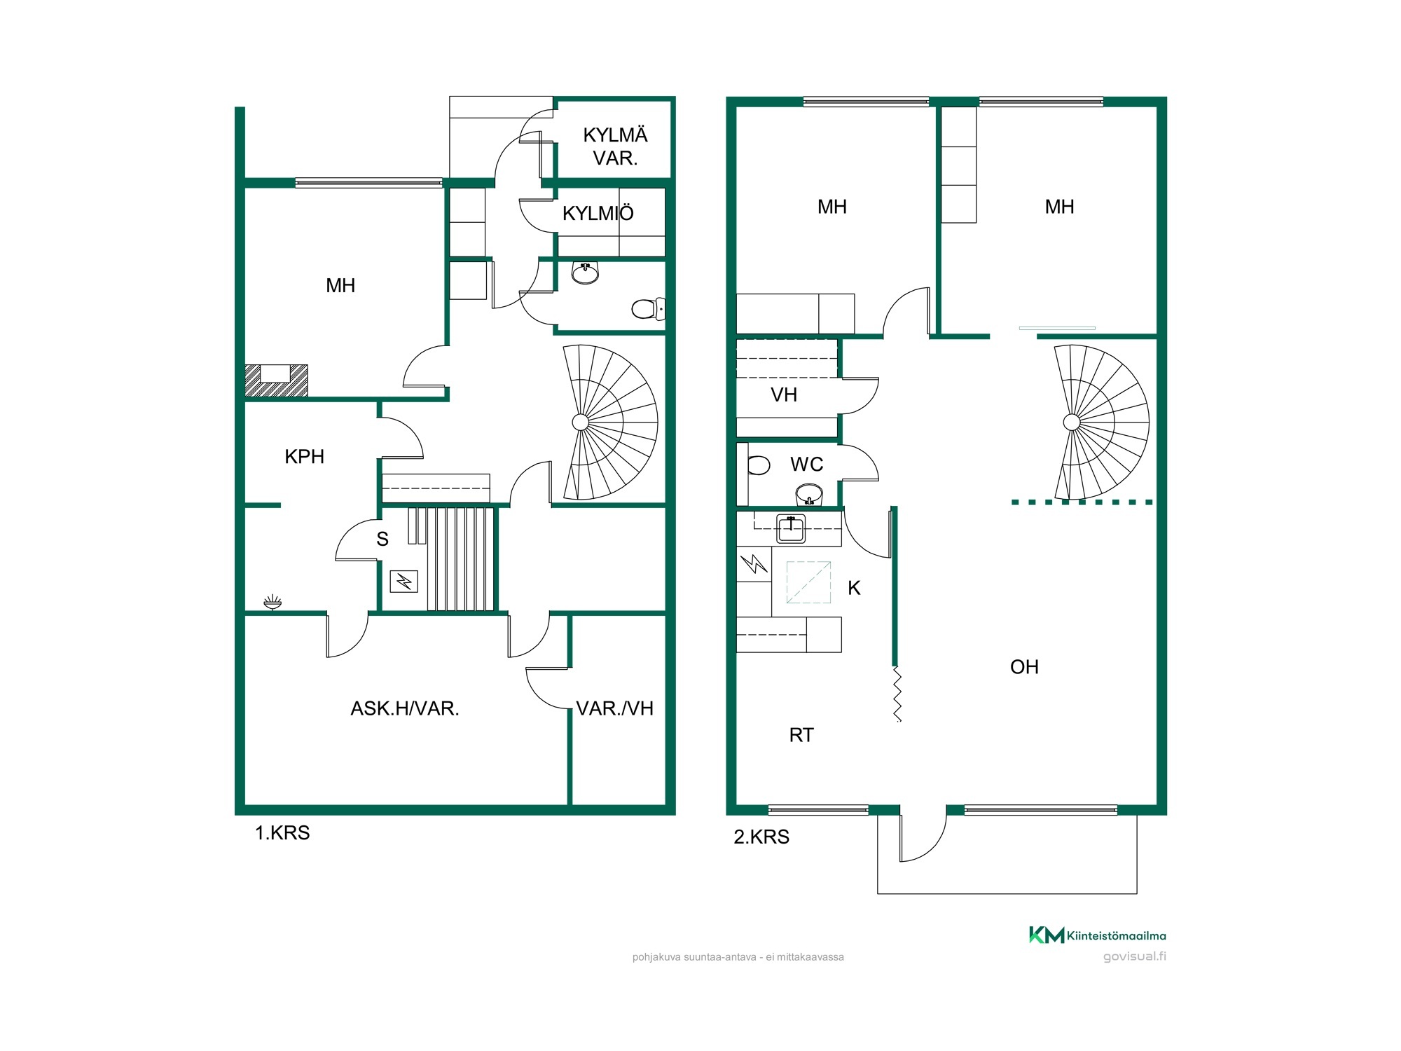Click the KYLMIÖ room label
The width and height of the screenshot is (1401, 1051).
pyautogui.click(x=598, y=213)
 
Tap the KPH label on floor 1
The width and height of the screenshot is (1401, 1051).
pyautogui.click(x=305, y=457)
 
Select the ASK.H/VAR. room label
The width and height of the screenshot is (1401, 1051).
pyautogui.click(x=405, y=708)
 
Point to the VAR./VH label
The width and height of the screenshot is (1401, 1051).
pyautogui.click(x=615, y=708)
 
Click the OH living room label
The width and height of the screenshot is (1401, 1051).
pyautogui.click(x=1024, y=667)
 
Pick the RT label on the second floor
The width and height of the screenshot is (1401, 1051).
pyautogui.click(x=801, y=735)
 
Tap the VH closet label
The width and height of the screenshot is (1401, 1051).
pyautogui.click(x=784, y=395)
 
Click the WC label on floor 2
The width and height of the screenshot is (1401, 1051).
pyautogui.click(x=807, y=465)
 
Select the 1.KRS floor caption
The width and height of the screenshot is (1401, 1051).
pyautogui.click(x=282, y=833)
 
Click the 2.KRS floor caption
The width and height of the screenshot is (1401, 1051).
pyautogui.click(x=761, y=837)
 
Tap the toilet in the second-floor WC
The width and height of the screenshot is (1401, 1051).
pyautogui.click(x=758, y=465)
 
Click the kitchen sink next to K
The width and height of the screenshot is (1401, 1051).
pyautogui.click(x=791, y=528)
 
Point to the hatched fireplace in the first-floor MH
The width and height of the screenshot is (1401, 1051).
pyautogui.click(x=276, y=380)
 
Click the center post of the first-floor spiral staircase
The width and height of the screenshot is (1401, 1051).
pyautogui.click(x=581, y=422)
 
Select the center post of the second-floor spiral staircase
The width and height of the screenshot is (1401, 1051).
pyautogui.click(x=1072, y=422)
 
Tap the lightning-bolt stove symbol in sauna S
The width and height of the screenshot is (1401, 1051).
pyautogui.click(x=404, y=581)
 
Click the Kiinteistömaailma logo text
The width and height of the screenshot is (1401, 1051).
pyautogui.click(x=1117, y=935)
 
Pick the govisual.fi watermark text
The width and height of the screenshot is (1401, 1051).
pyautogui.click(x=1135, y=957)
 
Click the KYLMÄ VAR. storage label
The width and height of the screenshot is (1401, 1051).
pyautogui.click(x=615, y=146)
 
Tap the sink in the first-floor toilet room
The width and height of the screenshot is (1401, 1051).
pyautogui.click(x=585, y=273)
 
